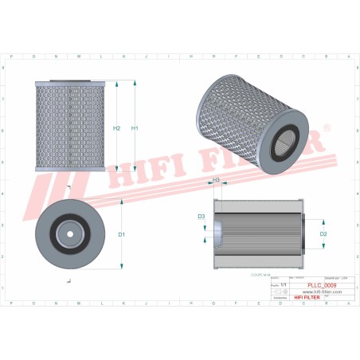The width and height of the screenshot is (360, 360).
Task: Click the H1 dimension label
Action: coord(135,128)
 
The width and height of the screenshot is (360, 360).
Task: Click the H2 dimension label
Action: coord(117,128)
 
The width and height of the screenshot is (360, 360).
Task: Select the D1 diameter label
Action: coord(122,234)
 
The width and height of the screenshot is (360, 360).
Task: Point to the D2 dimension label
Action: coord(324,234)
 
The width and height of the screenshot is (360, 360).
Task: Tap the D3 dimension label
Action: coord(202,217)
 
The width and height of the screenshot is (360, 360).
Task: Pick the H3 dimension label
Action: coord(216,181)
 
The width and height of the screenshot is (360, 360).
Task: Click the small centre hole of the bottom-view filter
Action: coord(70,234)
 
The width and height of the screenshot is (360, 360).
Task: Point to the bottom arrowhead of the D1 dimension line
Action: coord(122,268)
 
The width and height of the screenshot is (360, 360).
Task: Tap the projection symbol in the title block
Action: coord(277,291)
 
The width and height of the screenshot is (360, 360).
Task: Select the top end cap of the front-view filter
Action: coord(70,80)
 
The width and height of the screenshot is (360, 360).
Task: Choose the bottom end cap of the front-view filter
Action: coord(70,170)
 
